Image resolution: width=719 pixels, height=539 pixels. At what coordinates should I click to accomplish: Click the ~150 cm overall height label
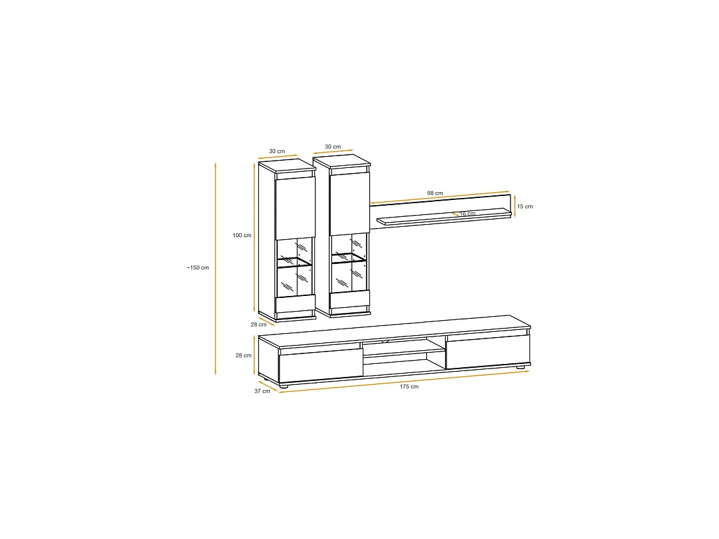(x=197, y=268)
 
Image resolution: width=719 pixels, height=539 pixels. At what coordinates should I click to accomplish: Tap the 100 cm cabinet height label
(x=242, y=236)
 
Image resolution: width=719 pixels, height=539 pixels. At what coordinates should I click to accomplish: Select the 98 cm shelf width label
(x=435, y=193)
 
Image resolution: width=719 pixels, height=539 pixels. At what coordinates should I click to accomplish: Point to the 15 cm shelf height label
(x=525, y=206)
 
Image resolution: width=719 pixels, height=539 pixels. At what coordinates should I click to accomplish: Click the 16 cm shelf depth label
(x=468, y=214)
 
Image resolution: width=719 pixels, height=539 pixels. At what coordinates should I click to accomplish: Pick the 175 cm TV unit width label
(x=409, y=387)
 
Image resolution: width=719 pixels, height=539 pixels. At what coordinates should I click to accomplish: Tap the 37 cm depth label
(x=262, y=391)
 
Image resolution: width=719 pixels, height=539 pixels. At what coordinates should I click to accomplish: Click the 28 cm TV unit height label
(x=244, y=355)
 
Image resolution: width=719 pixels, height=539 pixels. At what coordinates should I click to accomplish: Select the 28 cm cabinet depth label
(x=259, y=325)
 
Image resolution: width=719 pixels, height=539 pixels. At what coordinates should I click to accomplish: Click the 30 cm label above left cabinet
(x=277, y=152)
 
